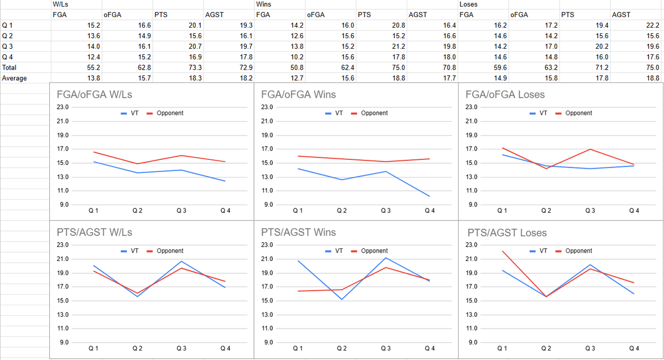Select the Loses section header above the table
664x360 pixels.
coord(468,4)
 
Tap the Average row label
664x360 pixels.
coord(14,78)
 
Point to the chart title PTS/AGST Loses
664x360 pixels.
coord(507,233)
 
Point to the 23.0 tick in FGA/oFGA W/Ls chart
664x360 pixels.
coord(63,107)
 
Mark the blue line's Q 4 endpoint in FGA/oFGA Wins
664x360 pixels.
coord(429,196)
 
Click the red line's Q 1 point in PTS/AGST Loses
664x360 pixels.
coord(502,251)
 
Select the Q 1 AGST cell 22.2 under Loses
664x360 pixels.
coord(653,25)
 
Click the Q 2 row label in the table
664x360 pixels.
coord(8,36)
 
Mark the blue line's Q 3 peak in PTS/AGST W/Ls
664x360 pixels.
coord(181,261)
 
